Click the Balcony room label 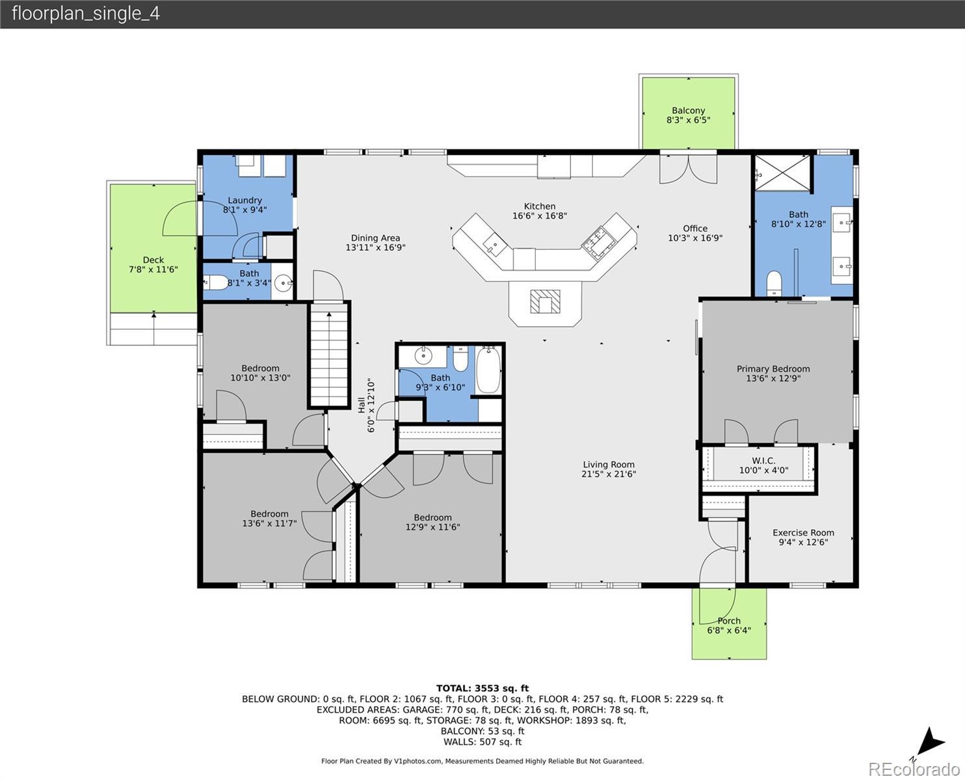tap(688, 110)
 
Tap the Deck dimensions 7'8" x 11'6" tap(153, 269)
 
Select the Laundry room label tap(245, 200)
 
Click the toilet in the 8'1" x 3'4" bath tap(216, 283)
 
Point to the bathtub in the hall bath tap(488, 370)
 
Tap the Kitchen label tap(540, 206)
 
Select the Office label tap(695, 228)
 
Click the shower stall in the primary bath tap(783, 172)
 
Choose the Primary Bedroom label tap(773, 369)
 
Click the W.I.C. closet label tap(763, 461)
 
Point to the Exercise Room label tap(803, 532)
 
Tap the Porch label tap(729, 621)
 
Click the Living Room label tap(609, 465)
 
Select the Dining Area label tap(375, 238)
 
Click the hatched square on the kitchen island tap(545, 301)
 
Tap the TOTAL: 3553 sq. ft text tap(482, 688)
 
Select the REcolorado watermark tap(914, 769)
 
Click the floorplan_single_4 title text tap(86, 14)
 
